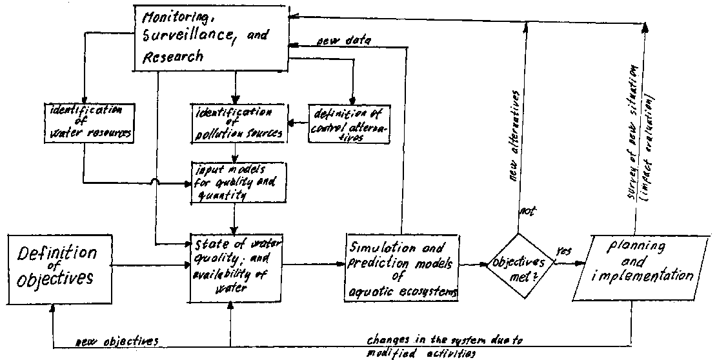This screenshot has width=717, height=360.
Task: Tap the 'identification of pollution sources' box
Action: pyautogui.click(x=236, y=123)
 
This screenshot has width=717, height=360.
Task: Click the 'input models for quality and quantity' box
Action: pyautogui.click(x=236, y=181)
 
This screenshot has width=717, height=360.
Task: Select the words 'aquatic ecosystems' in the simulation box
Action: pyautogui.click(x=403, y=292)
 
